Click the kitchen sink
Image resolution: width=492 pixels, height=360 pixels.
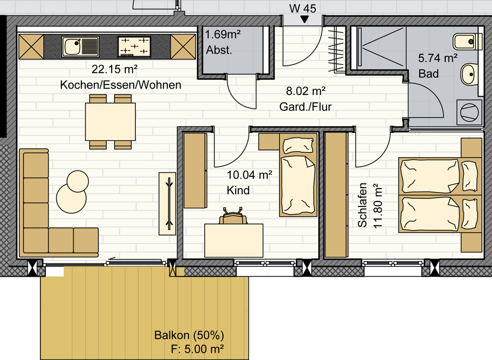(x=81, y=47)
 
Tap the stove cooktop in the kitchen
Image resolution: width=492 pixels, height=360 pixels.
(x=134, y=46)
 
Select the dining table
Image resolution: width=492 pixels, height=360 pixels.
(x=110, y=122)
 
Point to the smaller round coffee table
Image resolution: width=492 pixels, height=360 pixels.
(x=78, y=181)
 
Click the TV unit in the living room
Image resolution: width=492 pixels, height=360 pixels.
(x=167, y=203)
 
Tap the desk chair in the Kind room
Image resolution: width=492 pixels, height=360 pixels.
(x=233, y=216)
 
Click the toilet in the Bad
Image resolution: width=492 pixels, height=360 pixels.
(x=467, y=41)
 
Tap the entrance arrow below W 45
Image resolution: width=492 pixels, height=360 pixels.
(x=304, y=20)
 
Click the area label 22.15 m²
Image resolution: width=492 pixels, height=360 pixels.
(x=115, y=69)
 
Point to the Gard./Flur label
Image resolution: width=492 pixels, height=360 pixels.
(x=306, y=107)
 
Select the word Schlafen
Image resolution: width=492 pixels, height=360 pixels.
(x=363, y=205)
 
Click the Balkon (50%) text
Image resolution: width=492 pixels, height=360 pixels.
(x=189, y=335)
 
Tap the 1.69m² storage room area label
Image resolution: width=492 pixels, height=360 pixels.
(x=223, y=34)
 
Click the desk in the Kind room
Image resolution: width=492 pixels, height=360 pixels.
(x=234, y=241)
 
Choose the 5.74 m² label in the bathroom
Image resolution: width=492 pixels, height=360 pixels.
(x=438, y=58)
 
